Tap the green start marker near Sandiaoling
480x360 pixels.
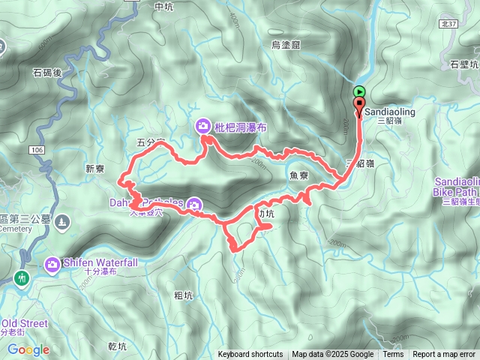(x=358, y=91)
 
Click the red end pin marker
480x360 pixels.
(x=359, y=105)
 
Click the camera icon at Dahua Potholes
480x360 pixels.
(x=194, y=204)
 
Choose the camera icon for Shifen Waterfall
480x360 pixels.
(x=52, y=263)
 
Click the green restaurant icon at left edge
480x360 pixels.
(x=22, y=278)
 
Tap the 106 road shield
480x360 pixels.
(x=39, y=151)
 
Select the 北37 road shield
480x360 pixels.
(x=448, y=24)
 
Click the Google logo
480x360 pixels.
(x=28, y=349)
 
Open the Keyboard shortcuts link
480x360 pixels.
(x=250, y=355)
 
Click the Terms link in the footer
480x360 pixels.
(x=393, y=355)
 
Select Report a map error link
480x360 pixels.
(x=444, y=355)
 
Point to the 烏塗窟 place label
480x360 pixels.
(x=286, y=45)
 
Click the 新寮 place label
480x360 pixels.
(x=95, y=169)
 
